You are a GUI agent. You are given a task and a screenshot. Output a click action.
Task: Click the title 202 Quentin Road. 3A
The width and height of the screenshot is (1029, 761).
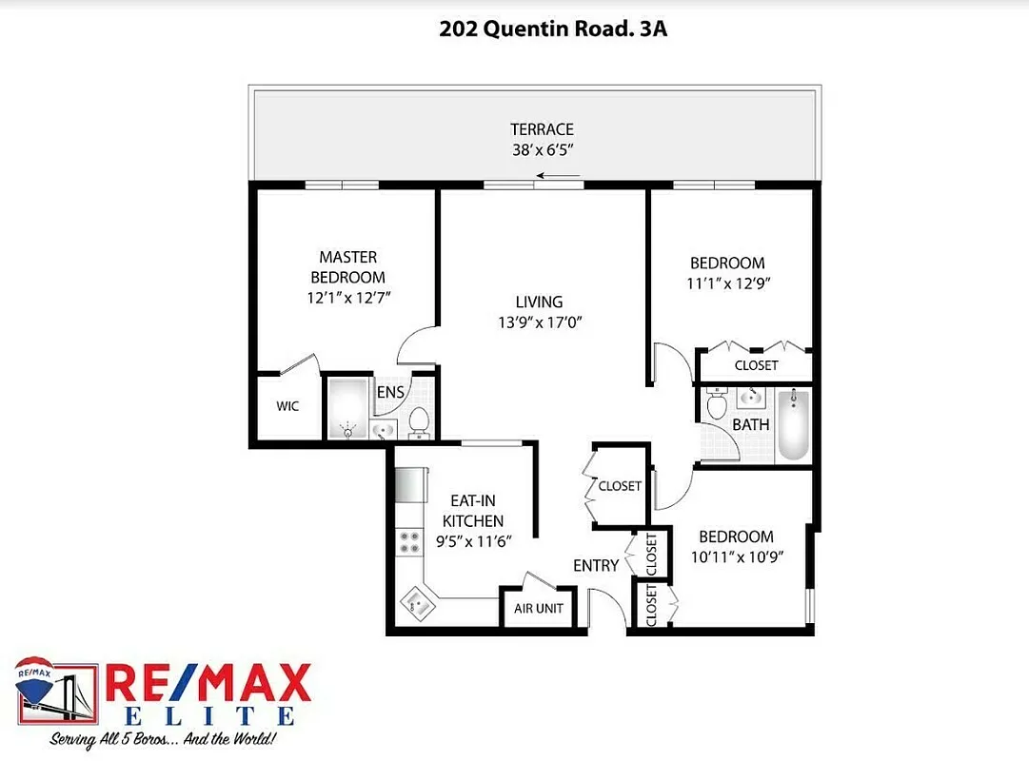553,29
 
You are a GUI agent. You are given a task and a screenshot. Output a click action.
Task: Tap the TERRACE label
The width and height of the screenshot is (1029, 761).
542,129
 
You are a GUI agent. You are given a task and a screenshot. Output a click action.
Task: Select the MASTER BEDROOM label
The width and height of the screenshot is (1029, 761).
347,267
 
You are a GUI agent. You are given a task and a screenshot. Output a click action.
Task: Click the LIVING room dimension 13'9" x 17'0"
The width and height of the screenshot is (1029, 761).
540,322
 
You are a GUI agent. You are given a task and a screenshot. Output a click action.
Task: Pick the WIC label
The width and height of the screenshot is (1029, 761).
287,406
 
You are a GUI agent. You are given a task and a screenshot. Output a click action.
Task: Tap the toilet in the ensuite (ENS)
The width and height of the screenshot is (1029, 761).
418,421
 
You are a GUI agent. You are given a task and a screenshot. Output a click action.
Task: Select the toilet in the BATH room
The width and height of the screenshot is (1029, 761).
717,406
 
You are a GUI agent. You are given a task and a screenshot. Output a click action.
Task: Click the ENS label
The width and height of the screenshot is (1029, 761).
390,392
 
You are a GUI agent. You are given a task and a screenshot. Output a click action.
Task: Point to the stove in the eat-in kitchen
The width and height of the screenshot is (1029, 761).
409,542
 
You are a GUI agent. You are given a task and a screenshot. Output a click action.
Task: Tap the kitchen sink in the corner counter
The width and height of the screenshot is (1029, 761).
417,601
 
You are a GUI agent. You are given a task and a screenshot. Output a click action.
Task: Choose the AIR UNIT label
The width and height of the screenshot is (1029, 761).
539,609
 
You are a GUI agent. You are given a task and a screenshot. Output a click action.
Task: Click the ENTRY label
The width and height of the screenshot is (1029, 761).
596,565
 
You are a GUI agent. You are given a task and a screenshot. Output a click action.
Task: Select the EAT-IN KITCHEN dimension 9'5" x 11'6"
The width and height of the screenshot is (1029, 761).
473,541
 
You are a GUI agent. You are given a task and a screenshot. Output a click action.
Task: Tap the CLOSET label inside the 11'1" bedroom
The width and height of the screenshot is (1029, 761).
756,365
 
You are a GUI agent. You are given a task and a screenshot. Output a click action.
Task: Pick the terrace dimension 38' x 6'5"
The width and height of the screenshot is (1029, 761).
542,149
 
